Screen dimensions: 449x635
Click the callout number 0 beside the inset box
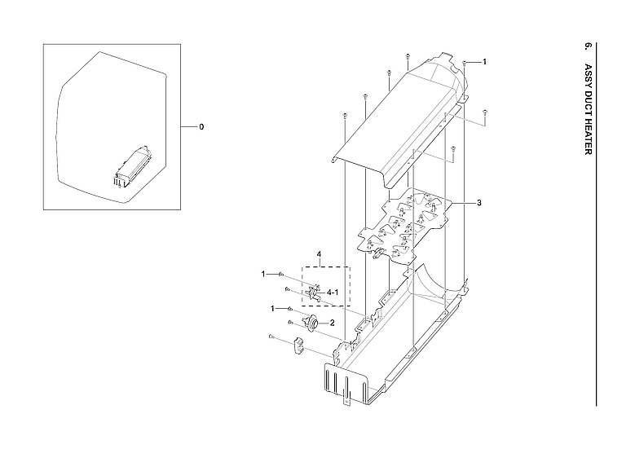(201, 127)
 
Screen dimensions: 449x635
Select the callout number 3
(478, 202)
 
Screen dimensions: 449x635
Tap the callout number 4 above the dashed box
(319, 255)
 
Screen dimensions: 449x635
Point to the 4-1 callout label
(333, 291)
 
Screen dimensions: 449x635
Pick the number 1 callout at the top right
(484, 62)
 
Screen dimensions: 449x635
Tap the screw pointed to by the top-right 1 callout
(464, 63)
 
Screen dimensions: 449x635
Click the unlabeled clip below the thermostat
(298, 346)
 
